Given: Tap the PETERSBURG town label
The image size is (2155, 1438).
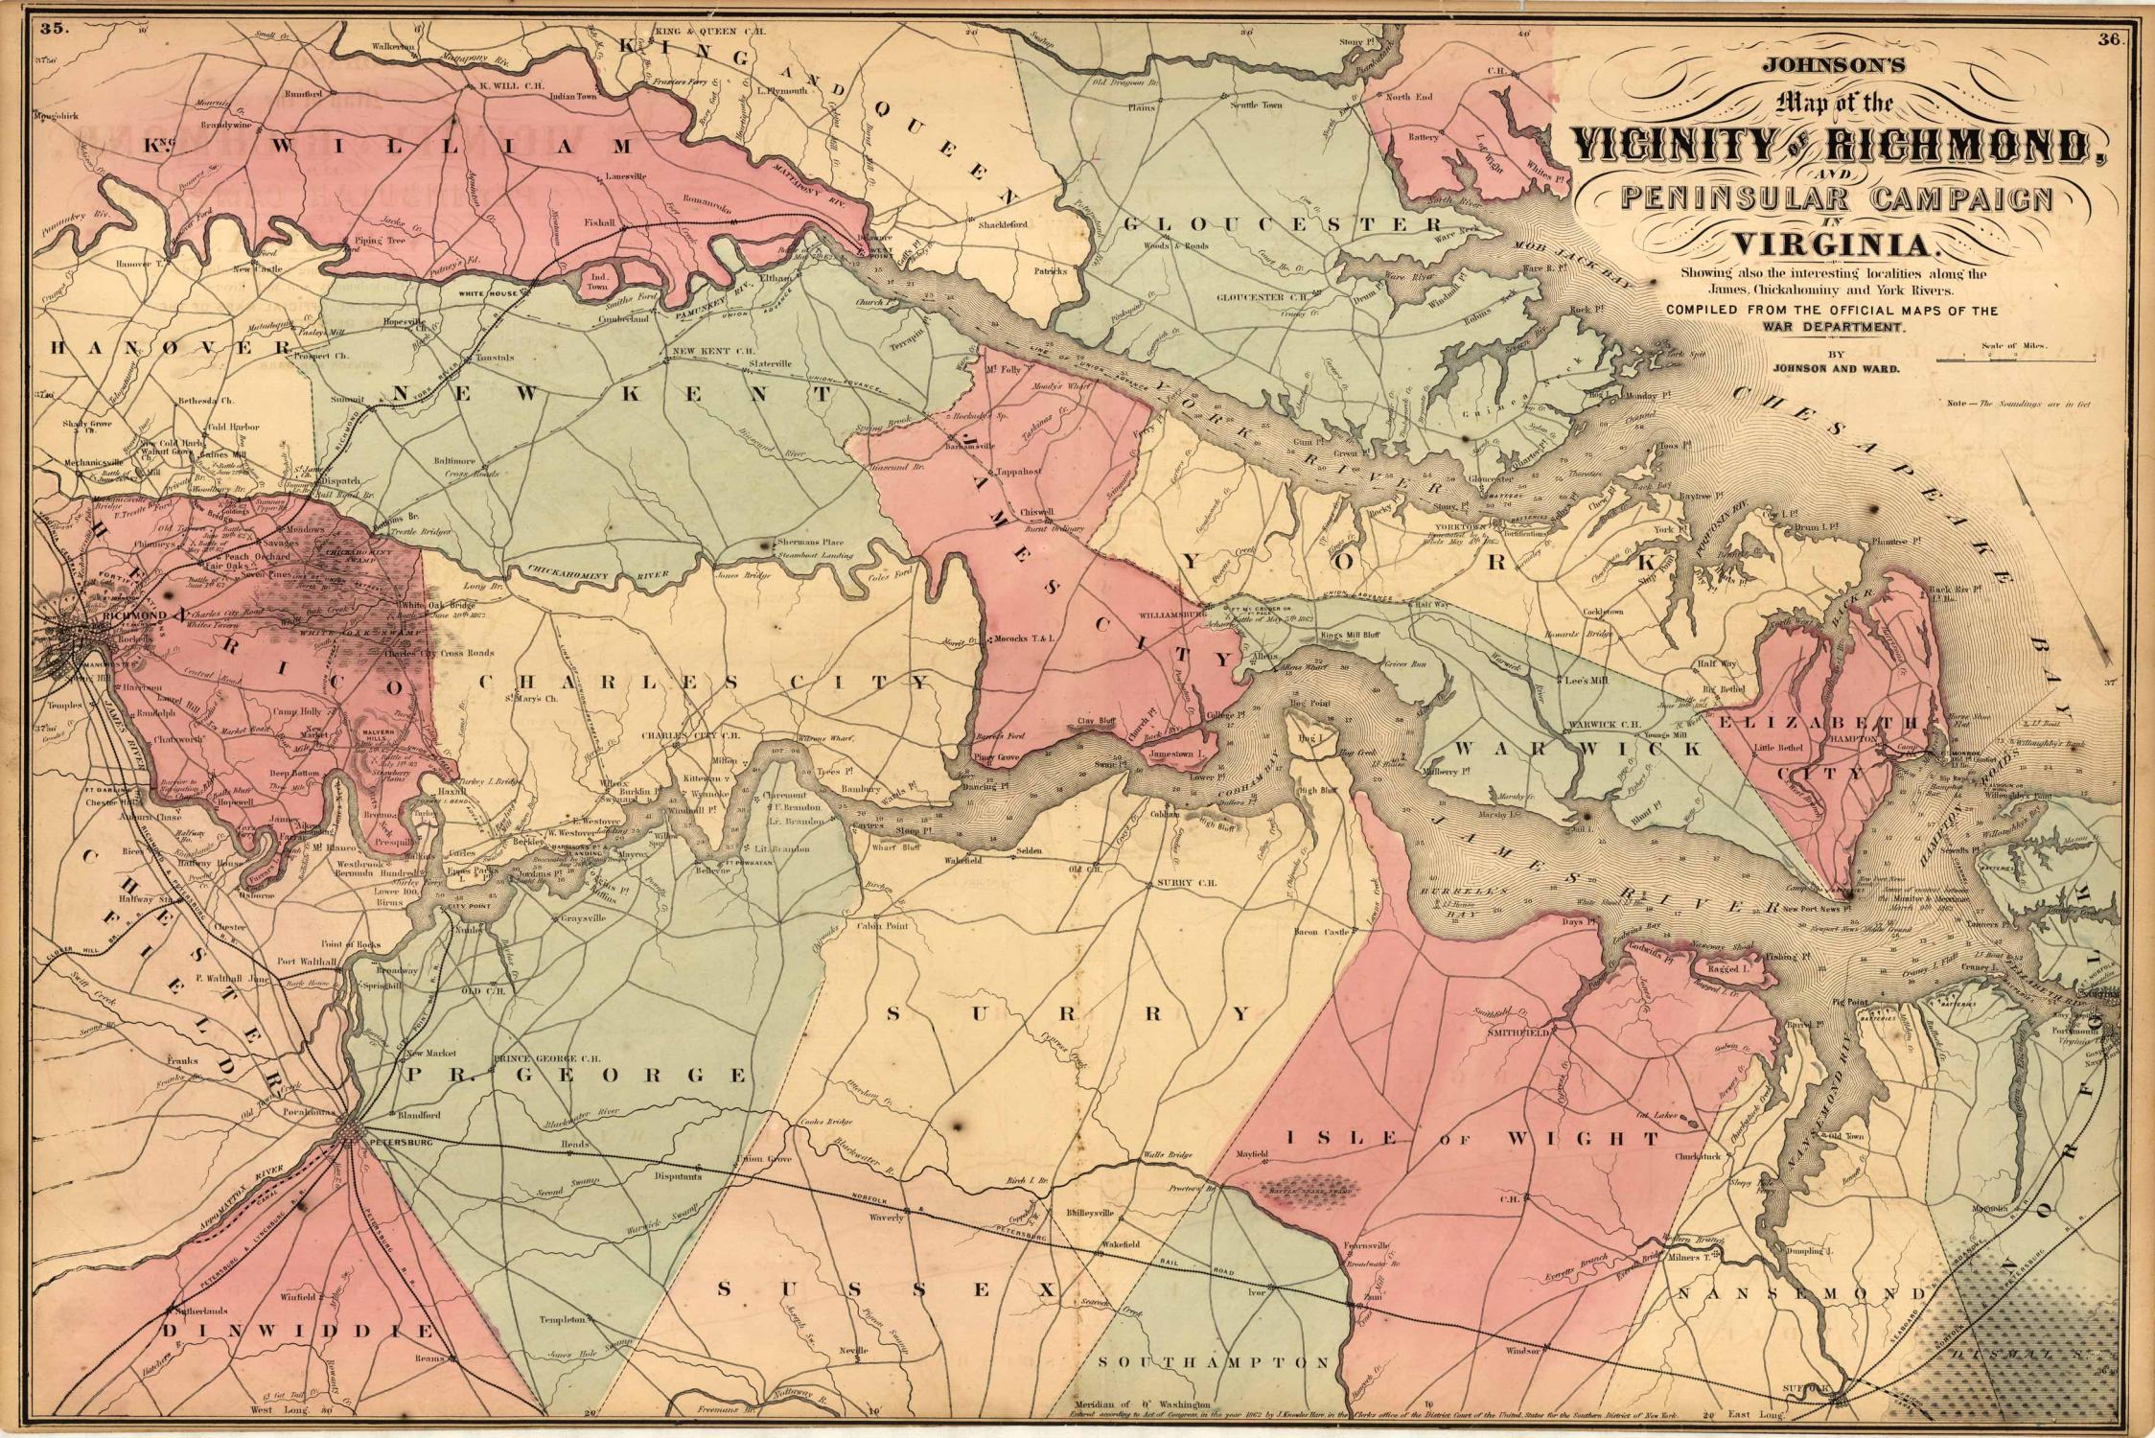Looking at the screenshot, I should point(395,1145).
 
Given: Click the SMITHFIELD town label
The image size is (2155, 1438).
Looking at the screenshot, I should point(1521,1033).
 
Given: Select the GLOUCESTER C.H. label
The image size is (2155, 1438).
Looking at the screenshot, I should point(1250,297).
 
